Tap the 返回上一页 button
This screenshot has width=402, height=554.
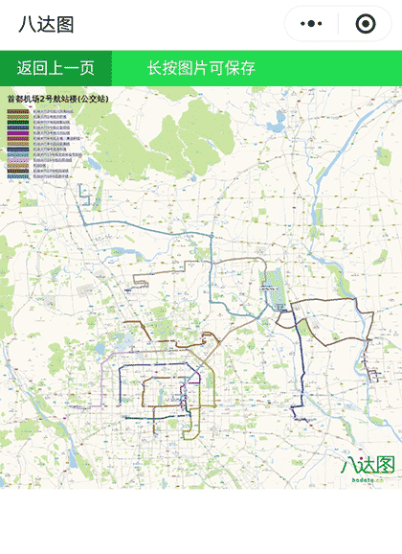coord(56,68)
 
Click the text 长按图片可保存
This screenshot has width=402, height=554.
coord(201,68)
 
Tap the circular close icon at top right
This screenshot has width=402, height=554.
coord(365,24)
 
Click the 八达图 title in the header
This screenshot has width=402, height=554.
coord(46,25)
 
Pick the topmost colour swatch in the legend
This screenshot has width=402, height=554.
coord(19,111)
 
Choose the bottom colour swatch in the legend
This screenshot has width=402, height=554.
coord(19,177)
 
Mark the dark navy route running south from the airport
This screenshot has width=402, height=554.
coord(299,364)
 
